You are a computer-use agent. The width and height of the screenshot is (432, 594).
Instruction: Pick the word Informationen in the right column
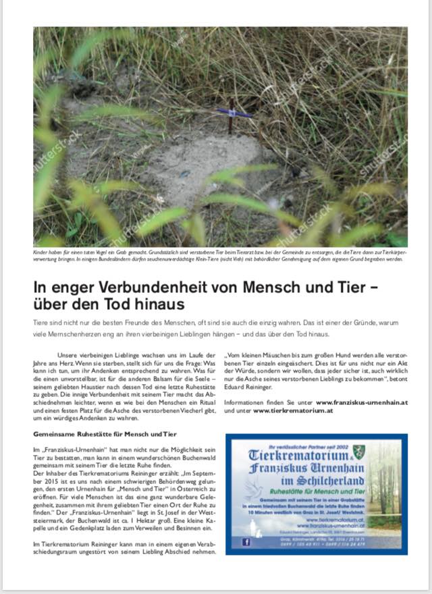pyautogui.click(x=246, y=402)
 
